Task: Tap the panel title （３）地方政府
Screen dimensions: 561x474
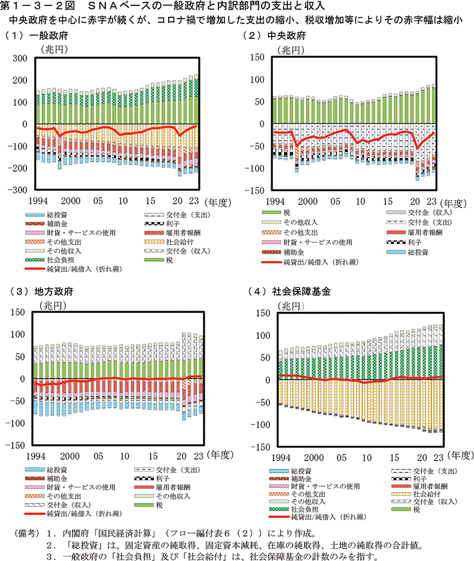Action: point(39,292)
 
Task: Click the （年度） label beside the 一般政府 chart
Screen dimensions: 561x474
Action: point(218,202)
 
